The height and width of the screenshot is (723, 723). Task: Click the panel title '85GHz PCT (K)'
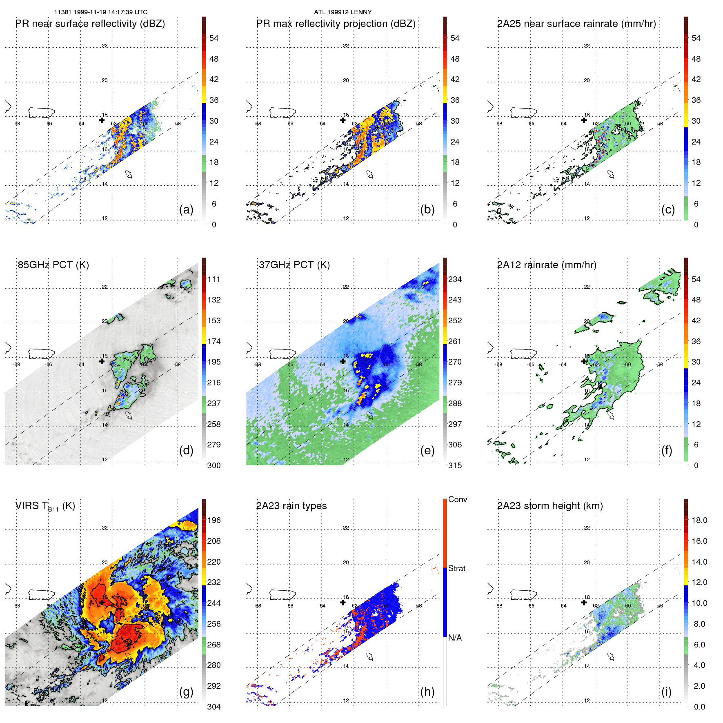[53, 265]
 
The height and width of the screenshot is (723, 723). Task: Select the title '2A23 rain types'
[291, 506]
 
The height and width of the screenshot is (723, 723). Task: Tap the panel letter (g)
[186, 692]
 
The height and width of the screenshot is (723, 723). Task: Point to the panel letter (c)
[668, 209]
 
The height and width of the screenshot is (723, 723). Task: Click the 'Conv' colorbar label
[457, 499]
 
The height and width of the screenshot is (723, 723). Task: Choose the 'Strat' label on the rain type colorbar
[456, 568]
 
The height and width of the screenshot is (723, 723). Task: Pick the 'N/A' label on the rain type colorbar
[455, 638]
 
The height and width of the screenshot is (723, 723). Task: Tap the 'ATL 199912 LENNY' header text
[343, 12]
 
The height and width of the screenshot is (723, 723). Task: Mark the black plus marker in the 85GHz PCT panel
[102, 361]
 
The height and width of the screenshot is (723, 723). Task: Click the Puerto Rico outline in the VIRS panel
[41, 594]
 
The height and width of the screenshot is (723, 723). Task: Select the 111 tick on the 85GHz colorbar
[214, 280]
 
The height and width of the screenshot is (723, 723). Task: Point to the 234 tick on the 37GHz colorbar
[455, 280]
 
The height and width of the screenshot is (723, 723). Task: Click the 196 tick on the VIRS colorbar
[214, 521]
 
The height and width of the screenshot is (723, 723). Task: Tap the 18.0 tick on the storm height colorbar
[699, 521]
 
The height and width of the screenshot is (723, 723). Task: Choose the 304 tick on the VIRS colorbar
[214, 707]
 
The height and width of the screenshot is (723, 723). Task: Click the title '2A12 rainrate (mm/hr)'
[547, 265]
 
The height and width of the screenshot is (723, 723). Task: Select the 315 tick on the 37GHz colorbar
[455, 465]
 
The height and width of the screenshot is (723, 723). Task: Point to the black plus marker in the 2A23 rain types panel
[343, 603]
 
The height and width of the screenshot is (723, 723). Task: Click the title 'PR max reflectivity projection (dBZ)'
[336, 24]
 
